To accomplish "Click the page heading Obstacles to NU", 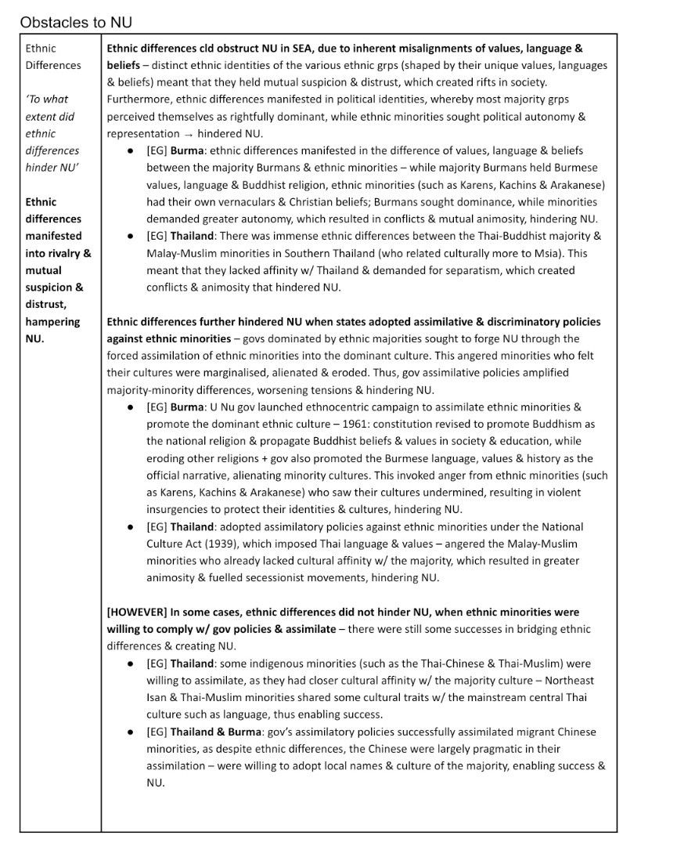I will pyautogui.click(x=70, y=22).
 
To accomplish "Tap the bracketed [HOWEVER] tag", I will pyautogui.click(x=136, y=612).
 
